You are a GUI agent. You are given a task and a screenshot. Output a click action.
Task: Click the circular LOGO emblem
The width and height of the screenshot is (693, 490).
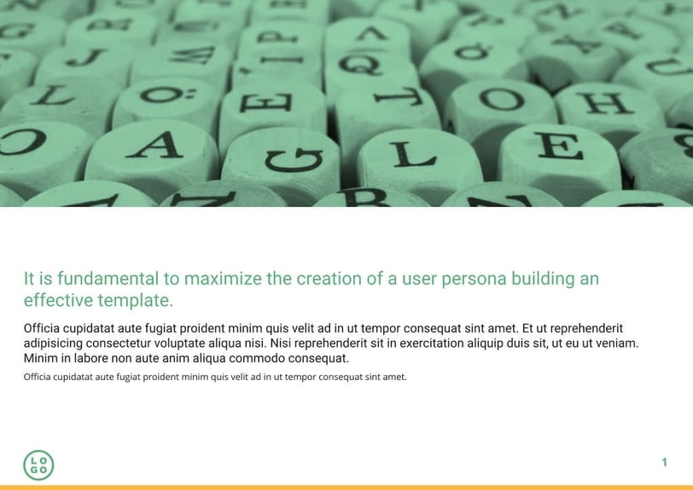click(38, 464)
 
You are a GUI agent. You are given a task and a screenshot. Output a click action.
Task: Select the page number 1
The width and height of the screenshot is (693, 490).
click(664, 463)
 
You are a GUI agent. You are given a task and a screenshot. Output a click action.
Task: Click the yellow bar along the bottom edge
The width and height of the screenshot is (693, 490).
click(346, 487)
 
